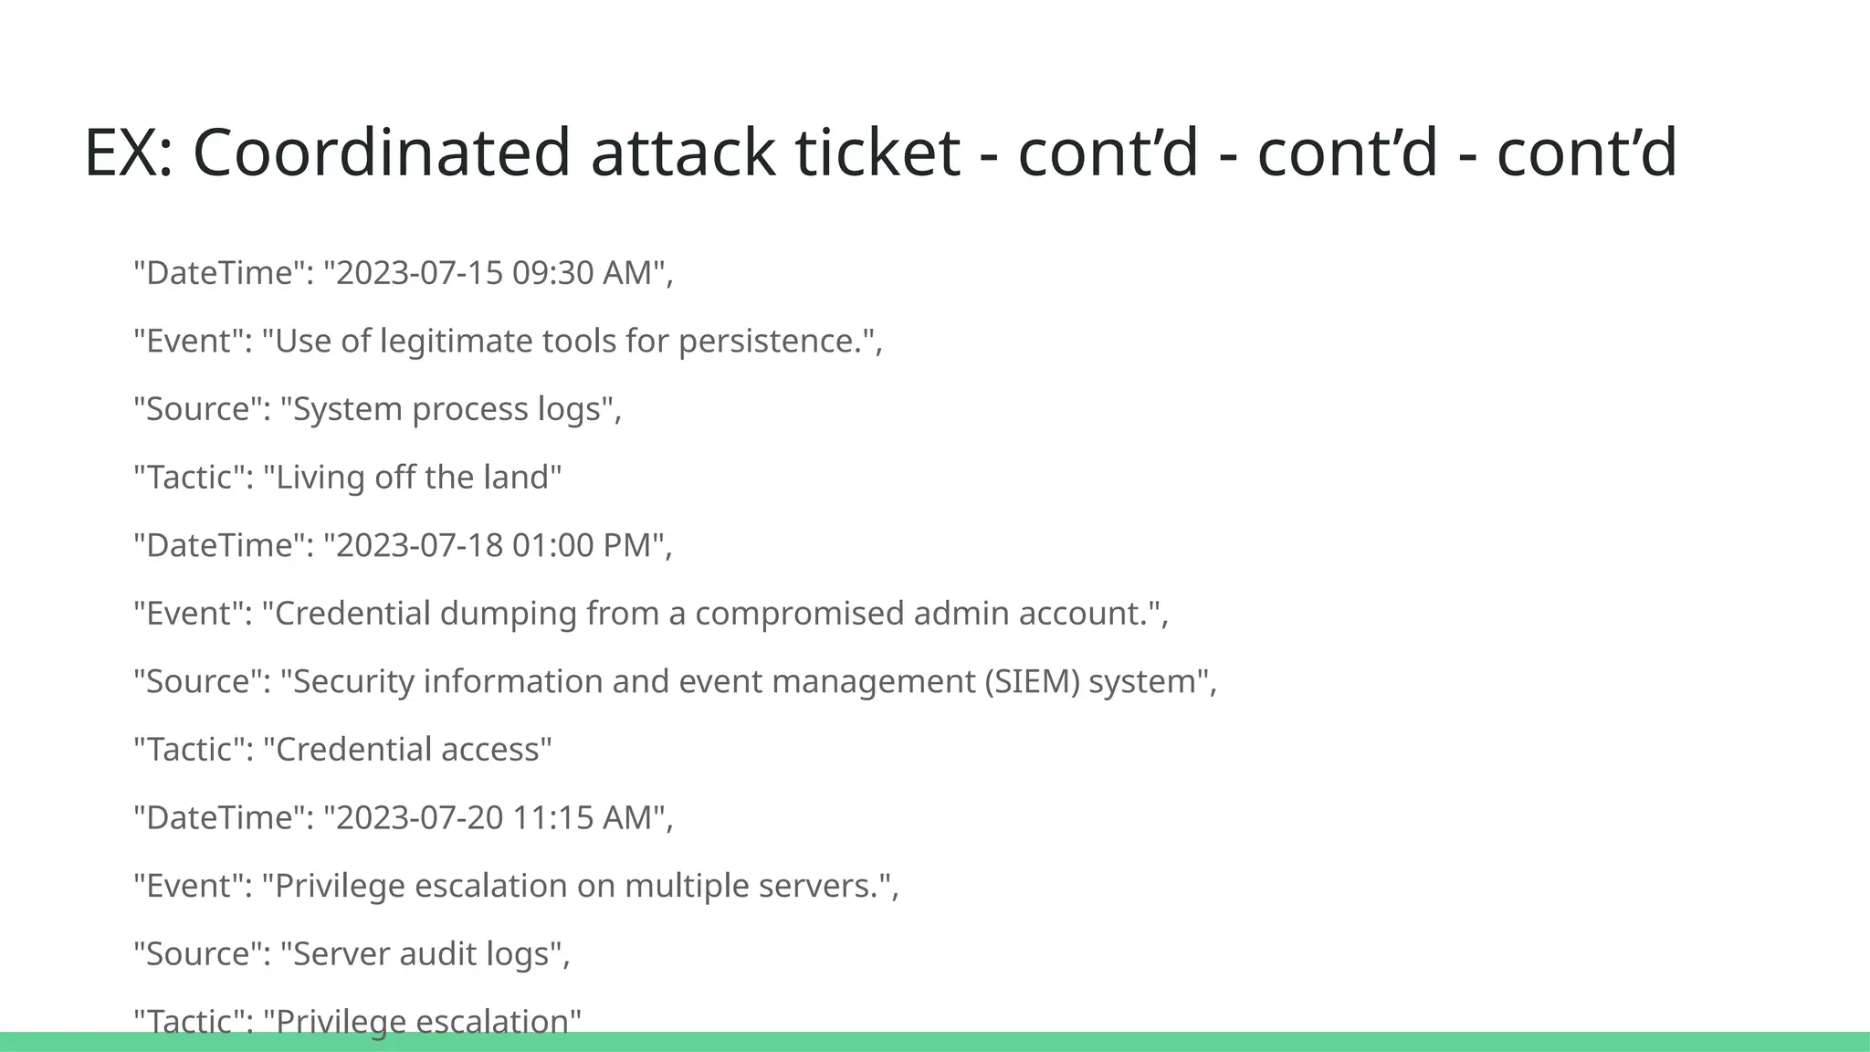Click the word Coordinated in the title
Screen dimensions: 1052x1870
click(382, 153)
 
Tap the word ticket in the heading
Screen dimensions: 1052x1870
click(877, 153)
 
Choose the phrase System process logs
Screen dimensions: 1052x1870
click(446, 409)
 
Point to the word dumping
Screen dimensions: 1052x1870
click(508, 613)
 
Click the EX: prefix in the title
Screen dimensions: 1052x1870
click(128, 153)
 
